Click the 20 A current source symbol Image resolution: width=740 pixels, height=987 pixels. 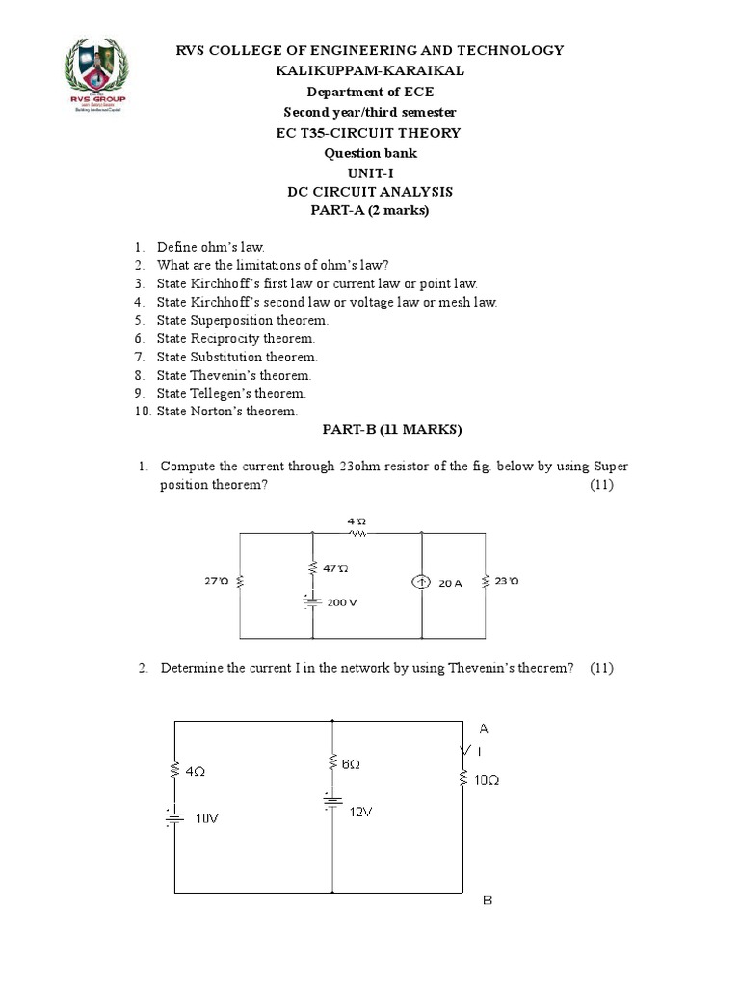click(423, 583)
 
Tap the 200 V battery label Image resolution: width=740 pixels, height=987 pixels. click(344, 601)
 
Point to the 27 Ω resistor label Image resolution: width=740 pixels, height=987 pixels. click(215, 581)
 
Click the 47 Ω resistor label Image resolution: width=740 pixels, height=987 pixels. click(336, 569)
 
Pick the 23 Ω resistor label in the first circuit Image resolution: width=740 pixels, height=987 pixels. click(507, 582)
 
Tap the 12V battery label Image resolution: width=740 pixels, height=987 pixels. click(361, 812)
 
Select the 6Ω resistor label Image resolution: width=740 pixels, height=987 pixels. click(351, 764)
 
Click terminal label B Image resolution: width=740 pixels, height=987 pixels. click(487, 902)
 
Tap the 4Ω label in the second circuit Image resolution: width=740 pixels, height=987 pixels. click(195, 772)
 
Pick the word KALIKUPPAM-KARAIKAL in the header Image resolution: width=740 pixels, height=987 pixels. click(369, 71)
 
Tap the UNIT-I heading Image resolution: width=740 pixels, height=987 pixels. click(369, 173)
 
